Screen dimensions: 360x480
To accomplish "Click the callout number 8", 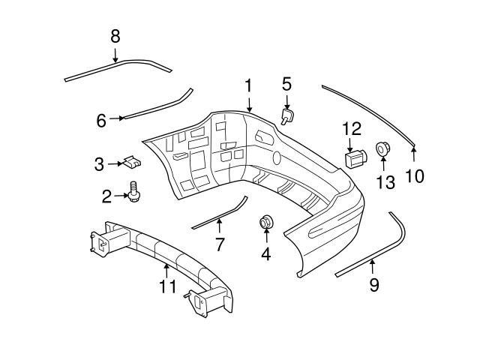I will coord(115,35).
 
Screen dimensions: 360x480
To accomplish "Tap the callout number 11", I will coord(168,286).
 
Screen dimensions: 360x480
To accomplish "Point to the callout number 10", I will coord(415,175).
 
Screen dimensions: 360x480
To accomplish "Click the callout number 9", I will coord(374,284).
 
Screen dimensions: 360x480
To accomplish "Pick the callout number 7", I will coord(220,244).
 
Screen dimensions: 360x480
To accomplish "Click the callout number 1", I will coord(248,86).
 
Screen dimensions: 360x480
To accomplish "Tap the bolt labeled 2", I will coord(136,191).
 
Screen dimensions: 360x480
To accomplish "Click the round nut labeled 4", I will coord(266,223).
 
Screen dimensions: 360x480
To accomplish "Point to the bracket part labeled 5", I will coord(287,115).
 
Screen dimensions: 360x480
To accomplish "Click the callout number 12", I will coord(352,128).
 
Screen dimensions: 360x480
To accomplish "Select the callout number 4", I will coord(265,254).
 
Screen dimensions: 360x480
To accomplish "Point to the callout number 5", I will coord(286,83).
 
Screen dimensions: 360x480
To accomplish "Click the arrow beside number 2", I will coord(120,196).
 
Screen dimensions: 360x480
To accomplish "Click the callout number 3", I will coord(99,163).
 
